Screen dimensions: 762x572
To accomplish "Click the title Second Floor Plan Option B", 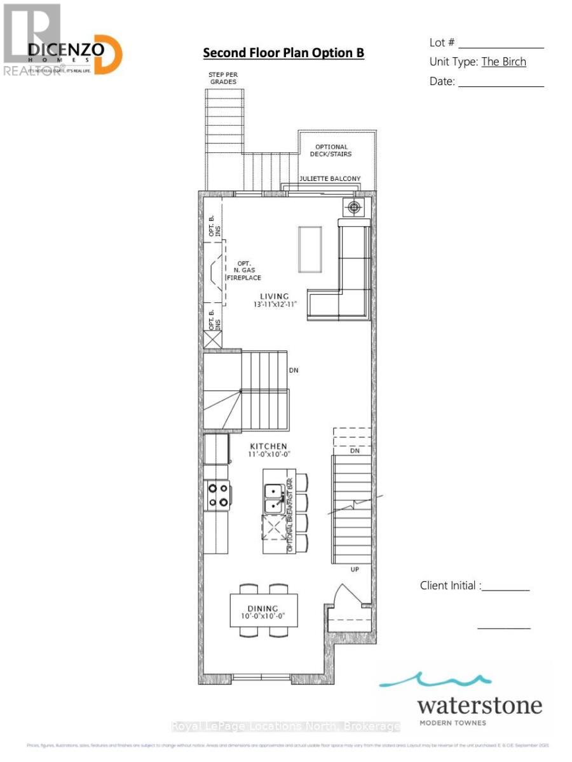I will [283, 53].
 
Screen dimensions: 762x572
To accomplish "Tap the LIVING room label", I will [273, 297].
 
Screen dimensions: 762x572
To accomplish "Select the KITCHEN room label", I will [268, 446].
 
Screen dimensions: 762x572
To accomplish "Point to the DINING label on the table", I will [263, 608].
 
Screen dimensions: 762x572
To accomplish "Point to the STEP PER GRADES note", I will [222, 78].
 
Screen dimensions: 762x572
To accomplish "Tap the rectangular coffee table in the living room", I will [310, 248].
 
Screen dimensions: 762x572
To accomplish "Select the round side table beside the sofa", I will [353, 206].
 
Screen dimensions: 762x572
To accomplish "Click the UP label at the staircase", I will [355, 569].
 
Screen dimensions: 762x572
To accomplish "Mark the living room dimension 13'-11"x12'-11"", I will [273, 305].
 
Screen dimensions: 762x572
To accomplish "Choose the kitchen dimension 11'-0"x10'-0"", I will [268, 455].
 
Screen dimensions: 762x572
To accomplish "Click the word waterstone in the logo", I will [479, 705].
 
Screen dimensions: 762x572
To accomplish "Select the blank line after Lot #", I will [501, 44].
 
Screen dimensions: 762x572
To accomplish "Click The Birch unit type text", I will [503, 62].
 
